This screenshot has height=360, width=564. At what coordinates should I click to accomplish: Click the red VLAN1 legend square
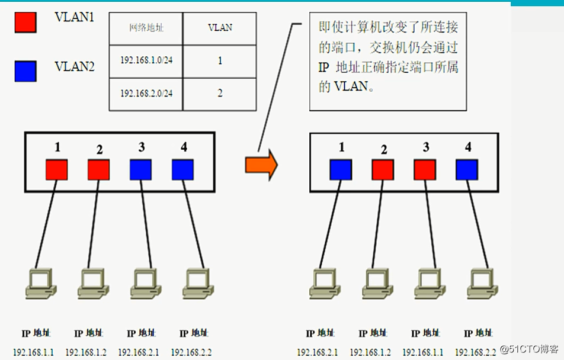[25, 22]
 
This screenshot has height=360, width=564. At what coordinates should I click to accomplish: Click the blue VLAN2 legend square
[25, 70]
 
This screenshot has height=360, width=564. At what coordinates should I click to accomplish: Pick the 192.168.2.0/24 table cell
[146, 94]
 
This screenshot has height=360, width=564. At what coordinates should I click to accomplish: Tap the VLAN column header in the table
[220, 27]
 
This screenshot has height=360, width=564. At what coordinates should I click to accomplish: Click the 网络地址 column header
[146, 27]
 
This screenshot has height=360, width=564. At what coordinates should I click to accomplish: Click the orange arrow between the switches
[261, 165]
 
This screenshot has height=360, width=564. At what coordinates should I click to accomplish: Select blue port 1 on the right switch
[341, 170]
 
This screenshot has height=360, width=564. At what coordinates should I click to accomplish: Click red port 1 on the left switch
[56, 170]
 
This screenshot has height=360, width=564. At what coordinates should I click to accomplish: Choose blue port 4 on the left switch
[182, 170]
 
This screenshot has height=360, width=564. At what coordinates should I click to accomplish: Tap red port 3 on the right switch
[425, 170]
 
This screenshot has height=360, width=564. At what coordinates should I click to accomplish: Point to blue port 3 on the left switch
[140, 170]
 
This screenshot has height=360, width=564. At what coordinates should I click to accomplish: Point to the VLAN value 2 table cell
[220, 94]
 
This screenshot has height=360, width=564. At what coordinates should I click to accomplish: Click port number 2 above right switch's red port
[384, 150]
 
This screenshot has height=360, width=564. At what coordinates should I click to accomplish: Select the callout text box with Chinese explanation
[388, 62]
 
